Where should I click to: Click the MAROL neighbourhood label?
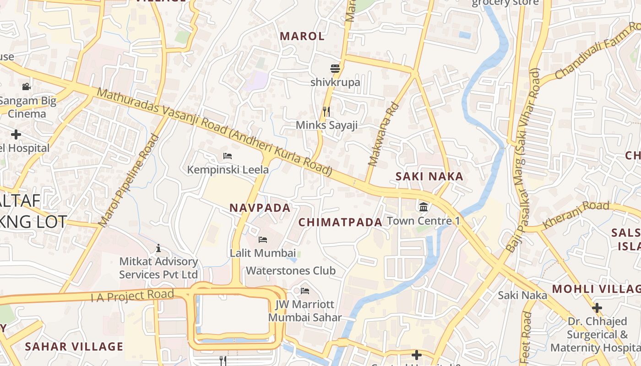point(302,36)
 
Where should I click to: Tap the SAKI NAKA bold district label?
point(429,176)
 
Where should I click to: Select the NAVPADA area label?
point(260,208)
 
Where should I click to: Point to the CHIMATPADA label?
point(340,222)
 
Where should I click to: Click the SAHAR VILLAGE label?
point(74,346)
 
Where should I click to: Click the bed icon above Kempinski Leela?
point(228,156)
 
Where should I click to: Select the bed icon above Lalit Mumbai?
point(263,239)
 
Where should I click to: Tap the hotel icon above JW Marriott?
point(305,291)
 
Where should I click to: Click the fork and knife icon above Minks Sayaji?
point(326,111)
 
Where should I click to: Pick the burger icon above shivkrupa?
point(335,69)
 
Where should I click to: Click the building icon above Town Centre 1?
point(424,207)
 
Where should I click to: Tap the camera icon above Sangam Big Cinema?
point(27,86)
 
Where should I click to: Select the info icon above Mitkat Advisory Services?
point(158,248)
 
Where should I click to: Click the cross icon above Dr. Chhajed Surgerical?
point(597,307)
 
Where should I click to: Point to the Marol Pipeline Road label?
point(129,181)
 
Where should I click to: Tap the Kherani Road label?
point(576,214)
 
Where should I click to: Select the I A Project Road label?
point(132,296)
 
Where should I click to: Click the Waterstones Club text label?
point(291,270)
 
